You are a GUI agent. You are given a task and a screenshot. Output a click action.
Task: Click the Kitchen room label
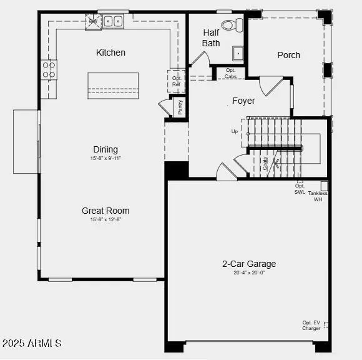point(110,52)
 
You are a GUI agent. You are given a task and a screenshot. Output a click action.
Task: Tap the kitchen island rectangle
point(113,85)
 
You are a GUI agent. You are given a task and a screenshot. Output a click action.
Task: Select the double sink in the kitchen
point(114,21)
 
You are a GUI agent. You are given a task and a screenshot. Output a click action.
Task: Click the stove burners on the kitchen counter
point(49,69)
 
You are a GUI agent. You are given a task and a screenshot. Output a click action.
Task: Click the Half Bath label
point(211,37)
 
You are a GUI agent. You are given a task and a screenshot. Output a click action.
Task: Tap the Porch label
point(288,55)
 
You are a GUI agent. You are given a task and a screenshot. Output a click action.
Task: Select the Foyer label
point(243,101)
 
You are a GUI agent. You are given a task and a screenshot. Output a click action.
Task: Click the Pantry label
point(180,107)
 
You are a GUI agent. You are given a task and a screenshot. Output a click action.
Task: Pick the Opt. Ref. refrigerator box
point(176,81)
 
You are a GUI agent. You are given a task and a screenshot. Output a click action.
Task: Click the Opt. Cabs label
point(230,74)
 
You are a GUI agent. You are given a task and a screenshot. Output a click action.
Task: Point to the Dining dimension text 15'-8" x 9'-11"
point(105,159)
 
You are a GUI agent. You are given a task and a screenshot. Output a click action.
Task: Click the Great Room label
point(105,211)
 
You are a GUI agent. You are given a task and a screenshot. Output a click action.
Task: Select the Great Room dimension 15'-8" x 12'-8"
point(105,220)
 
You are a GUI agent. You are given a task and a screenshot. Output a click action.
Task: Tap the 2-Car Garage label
point(249,264)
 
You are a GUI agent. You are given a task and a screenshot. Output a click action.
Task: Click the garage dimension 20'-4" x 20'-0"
point(249,273)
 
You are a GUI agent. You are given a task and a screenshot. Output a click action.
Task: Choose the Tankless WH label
point(317,196)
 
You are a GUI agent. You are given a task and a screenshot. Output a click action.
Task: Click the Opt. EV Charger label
point(311,325)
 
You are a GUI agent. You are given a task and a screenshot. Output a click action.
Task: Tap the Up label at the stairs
point(234,132)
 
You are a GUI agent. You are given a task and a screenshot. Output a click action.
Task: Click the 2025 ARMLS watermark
point(31,343)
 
